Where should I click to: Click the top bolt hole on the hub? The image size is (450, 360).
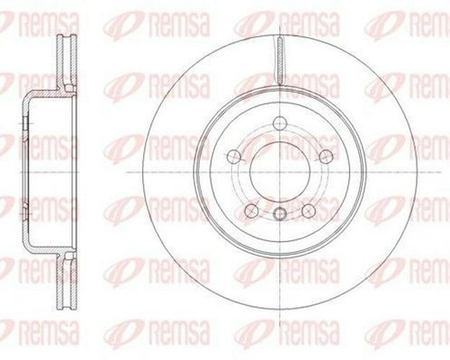tap(280, 125)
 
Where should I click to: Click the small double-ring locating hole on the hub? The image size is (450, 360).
tap(280, 213)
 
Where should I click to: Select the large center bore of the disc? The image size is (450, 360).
tap(280, 170)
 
